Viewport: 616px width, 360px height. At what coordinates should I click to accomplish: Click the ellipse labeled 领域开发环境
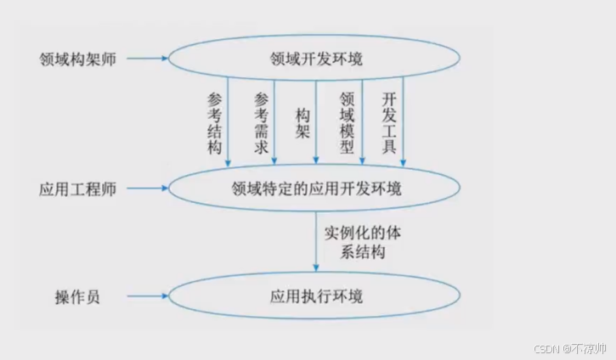[x=315, y=59]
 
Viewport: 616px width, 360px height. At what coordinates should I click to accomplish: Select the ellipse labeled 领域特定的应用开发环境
[x=315, y=187]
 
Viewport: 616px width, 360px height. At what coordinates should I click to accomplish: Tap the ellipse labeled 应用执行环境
[x=315, y=296]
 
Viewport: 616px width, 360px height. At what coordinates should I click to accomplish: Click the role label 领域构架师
[x=77, y=59]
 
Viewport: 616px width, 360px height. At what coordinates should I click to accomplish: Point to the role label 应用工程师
[x=77, y=187]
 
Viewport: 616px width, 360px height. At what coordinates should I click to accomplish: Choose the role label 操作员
[x=77, y=297]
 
